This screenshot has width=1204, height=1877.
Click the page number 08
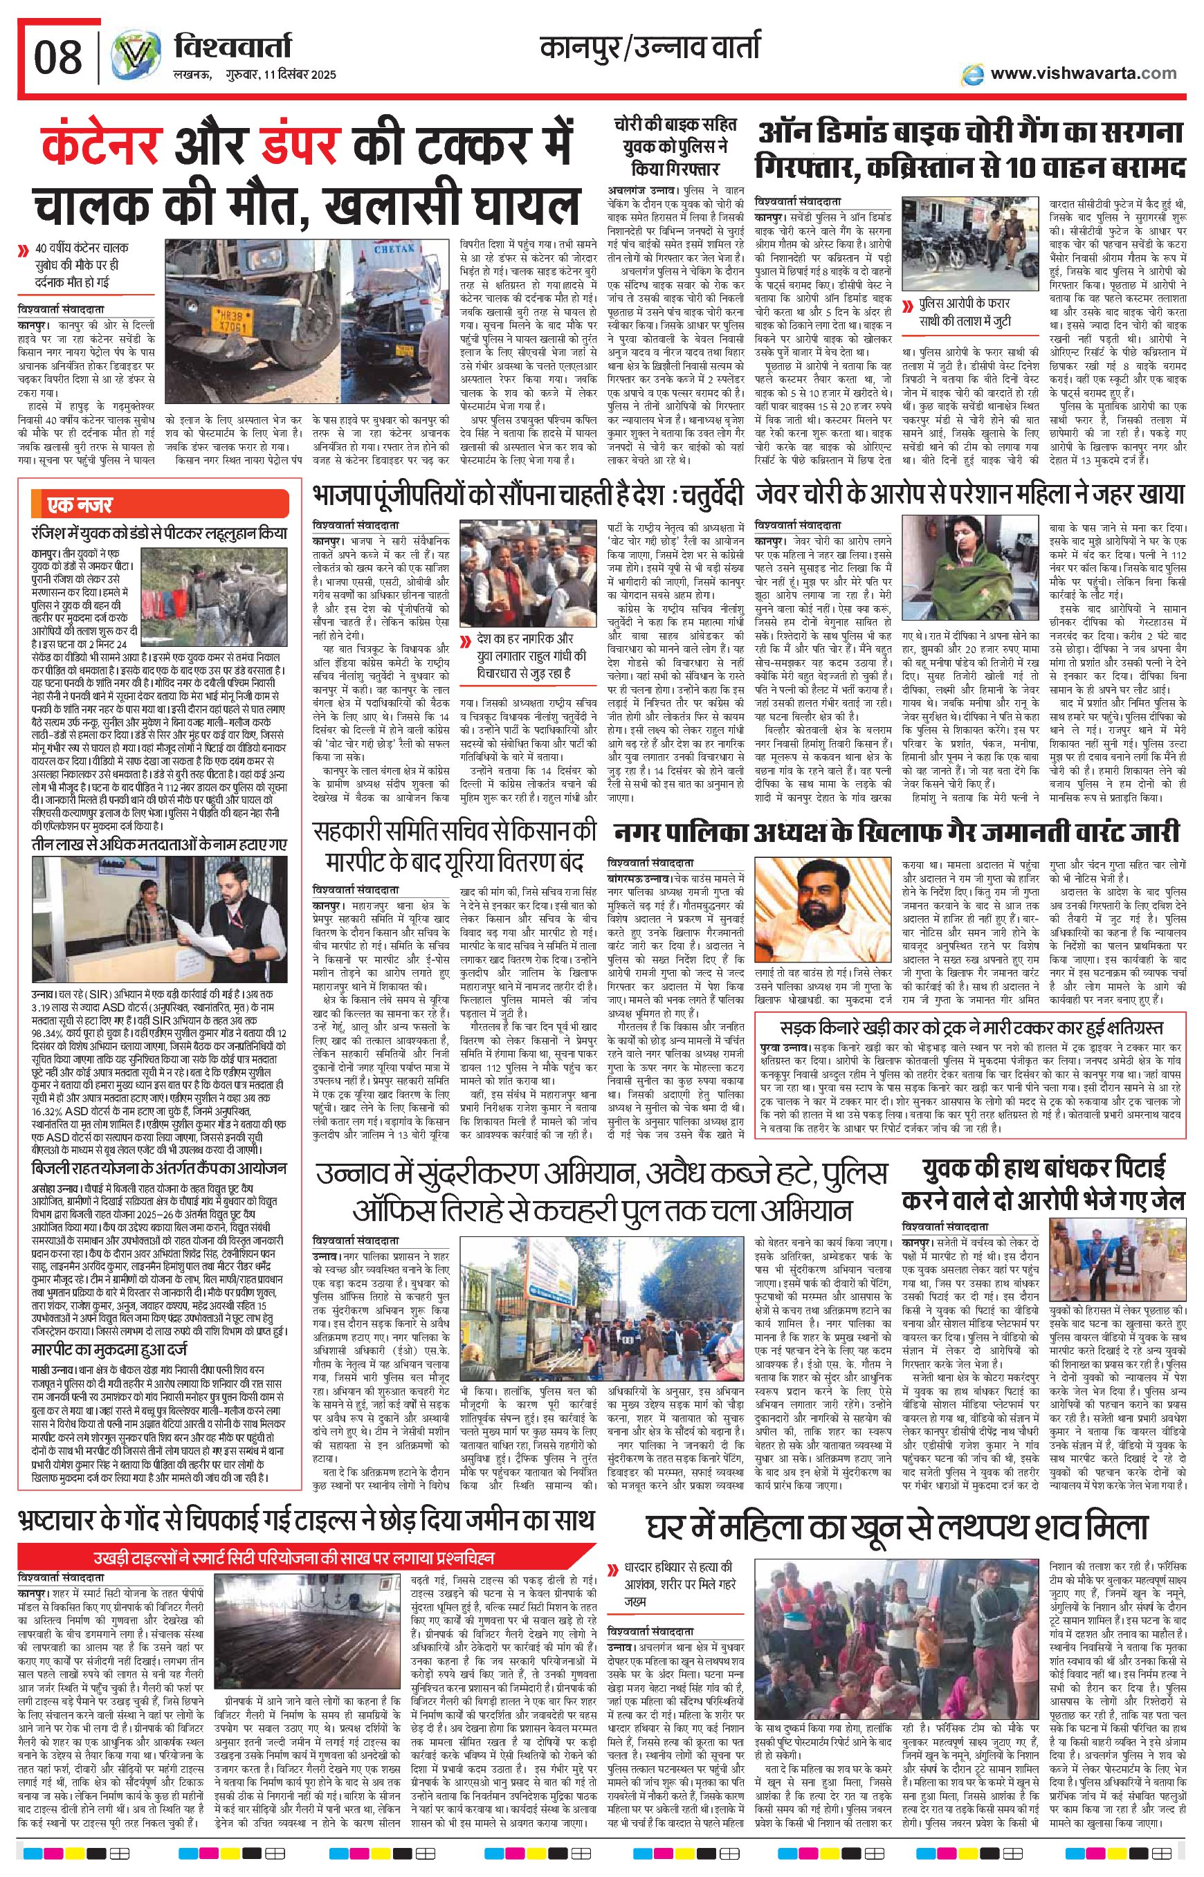pos(57,59)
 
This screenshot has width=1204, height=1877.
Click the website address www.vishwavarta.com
pos(1083,73)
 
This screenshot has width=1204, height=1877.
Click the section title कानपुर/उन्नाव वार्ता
pos(649,49)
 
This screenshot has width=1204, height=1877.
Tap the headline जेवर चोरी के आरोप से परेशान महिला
pos(969,495)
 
